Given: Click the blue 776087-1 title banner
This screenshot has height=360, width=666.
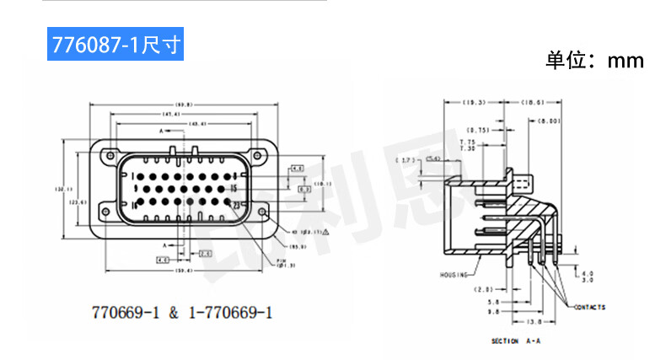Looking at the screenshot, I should click(115, 44).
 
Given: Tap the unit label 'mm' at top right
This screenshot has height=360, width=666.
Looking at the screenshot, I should click(626, 61).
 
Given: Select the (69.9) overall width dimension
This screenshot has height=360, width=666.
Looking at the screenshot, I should click(184, 105).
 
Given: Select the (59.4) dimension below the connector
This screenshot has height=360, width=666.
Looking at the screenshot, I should click(182, 271).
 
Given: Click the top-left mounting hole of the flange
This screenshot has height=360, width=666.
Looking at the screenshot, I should click(107, 156).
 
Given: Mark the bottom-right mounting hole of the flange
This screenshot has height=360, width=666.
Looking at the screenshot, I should click(262, 211).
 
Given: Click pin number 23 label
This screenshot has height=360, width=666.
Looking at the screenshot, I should click(237, 205).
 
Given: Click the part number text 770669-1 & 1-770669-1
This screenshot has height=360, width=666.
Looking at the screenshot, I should click(182, 313).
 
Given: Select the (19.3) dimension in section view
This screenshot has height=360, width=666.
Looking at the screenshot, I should click(475, 102).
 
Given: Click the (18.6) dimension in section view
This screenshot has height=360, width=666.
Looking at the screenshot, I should click(533, 102).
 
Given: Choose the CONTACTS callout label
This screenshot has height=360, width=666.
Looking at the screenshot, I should click(589, 308).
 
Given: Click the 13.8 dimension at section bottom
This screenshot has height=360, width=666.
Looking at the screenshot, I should click(533, 322).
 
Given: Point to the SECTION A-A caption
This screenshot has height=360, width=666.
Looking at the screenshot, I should click(517, 342).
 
